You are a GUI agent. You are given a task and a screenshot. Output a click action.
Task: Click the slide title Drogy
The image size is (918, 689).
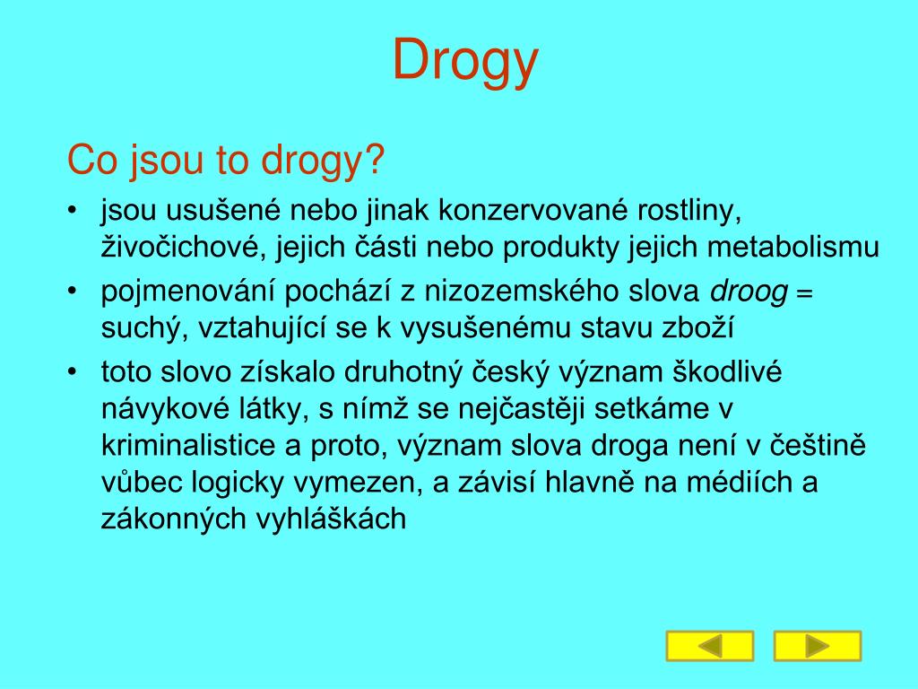[465, 61]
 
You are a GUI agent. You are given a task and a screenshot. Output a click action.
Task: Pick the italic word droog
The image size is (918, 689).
[749, 292]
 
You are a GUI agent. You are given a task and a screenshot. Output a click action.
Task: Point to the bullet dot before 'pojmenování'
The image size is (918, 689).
[72, 292]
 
